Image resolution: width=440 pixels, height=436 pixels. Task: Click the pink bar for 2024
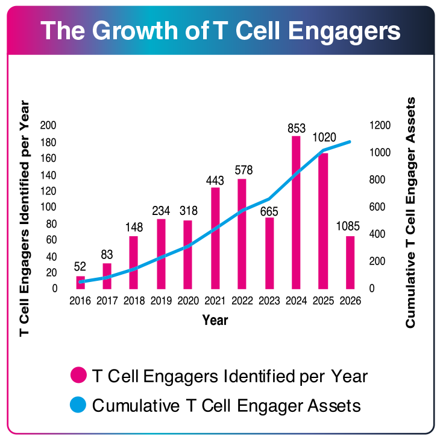(296, 212)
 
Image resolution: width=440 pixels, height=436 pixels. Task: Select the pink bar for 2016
(80, 282)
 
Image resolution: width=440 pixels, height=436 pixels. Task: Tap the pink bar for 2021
(215, 238)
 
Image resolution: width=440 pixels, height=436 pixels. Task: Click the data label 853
(297, 128)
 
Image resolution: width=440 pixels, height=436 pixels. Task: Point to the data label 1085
(350, 227)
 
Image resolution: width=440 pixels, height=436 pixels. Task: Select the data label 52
(80, 266)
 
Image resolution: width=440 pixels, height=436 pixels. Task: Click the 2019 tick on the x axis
(161, 300)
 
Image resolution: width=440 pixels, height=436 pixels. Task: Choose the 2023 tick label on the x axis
(269, 300)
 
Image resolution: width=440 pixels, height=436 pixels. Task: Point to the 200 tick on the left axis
(48, 125)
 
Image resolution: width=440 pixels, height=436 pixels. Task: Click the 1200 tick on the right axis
(380, 125)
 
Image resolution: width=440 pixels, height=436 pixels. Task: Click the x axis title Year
(215, 319)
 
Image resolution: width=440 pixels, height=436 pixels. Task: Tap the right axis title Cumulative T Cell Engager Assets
(411, 212)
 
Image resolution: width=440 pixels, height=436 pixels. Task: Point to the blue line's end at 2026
(350, 142)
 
